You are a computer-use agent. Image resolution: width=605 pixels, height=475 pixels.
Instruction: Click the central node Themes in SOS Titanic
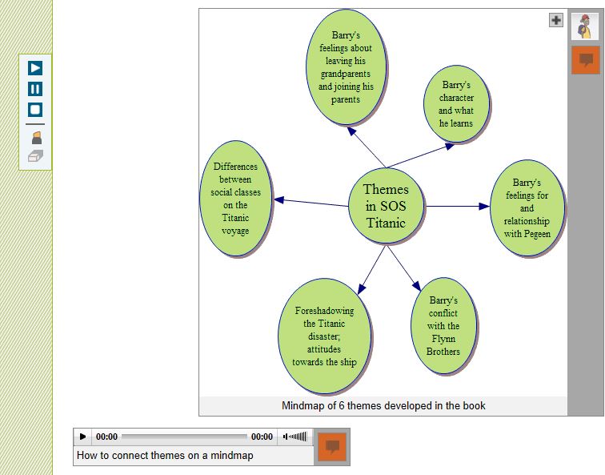coord(387,206)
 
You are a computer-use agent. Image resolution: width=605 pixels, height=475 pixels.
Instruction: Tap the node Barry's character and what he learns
coord(456,104)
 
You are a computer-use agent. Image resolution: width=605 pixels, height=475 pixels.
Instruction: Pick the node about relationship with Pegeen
coord(527,208)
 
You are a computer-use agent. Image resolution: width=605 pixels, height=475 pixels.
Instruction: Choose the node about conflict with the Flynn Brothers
coord(443,326)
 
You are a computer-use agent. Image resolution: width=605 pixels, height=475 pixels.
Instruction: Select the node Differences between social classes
coord(235,199)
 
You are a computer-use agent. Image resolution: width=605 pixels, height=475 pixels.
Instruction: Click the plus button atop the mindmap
coord(556,20)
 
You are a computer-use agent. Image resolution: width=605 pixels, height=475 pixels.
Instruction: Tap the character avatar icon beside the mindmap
coord(585,27)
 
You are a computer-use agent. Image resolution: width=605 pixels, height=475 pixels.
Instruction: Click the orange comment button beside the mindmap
coord(585,60)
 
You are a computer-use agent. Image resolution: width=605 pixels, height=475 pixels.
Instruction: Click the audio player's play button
coord(83,437)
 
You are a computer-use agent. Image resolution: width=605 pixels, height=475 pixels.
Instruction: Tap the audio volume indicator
coord(295,437)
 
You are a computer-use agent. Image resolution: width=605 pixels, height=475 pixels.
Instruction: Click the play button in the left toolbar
coord(35,68)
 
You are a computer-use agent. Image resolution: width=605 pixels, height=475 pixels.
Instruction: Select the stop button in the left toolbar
coord(35,110)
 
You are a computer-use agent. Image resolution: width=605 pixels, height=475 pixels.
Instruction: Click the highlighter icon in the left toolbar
coord(35,138)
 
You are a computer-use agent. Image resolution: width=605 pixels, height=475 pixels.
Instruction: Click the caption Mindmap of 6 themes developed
coord(383,406)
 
